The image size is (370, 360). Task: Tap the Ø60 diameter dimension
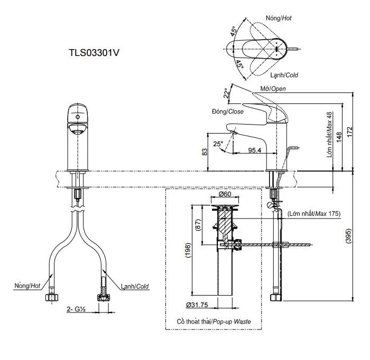225,194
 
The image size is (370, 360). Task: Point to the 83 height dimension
205,152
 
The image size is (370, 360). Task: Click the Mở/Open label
273,89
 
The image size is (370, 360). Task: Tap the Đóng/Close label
227,112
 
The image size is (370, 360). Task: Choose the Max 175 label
314,214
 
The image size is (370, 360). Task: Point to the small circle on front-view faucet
77,116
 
